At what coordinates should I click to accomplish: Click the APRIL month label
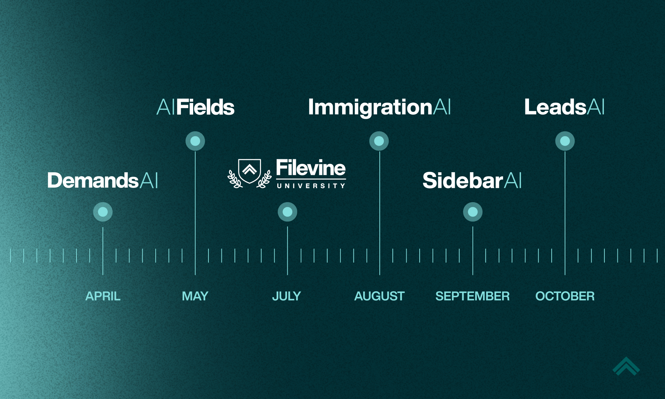(x=103, y=296)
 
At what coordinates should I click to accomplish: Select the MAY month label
(x=195, y=296)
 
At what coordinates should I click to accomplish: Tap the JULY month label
(x=287, y=296)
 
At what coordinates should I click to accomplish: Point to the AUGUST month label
(x=379, y=296)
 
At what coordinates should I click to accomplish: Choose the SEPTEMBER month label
(x=472, y=296)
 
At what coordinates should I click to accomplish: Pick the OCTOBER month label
(x=565, y=296)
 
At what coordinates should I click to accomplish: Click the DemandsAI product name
(x=102, y=181)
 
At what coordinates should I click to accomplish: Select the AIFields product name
(x=196, y=107)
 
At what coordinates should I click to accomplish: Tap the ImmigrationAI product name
(x=379, y=107)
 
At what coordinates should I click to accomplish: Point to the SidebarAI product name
(x=472, y=181)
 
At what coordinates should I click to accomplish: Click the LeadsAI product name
(x=565, y=107)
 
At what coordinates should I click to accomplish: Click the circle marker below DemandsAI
(x=103, y=212)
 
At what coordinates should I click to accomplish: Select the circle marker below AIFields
(x=195, y=141)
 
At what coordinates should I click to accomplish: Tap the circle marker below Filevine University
(x=287, y=212)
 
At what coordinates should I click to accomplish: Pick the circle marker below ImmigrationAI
(x=379, y=141)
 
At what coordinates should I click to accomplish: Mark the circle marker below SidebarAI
(x=473, y=212)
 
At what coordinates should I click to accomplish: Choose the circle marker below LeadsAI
(x=565, y=141)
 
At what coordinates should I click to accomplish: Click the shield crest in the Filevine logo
(x=250, y=171)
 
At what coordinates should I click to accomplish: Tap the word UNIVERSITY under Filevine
(x=311, y=186)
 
